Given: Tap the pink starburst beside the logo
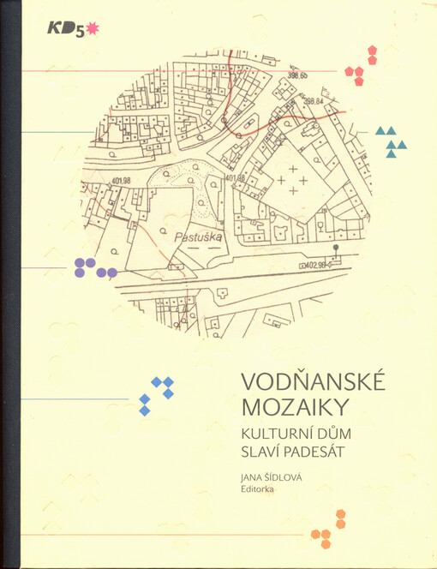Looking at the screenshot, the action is click(x=93, y=30).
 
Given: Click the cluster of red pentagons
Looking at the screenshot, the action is click(x=362, y=67).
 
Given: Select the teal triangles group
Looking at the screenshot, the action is click(x=391, y=141).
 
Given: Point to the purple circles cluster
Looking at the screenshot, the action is click(x=93, y=268).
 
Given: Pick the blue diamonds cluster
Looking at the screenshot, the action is click(x=157, y=394).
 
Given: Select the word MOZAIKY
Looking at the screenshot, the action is click(x=284, y=406).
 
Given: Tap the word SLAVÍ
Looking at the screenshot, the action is click(x=264, y=453).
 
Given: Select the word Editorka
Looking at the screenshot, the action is click(x=265, y=491).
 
